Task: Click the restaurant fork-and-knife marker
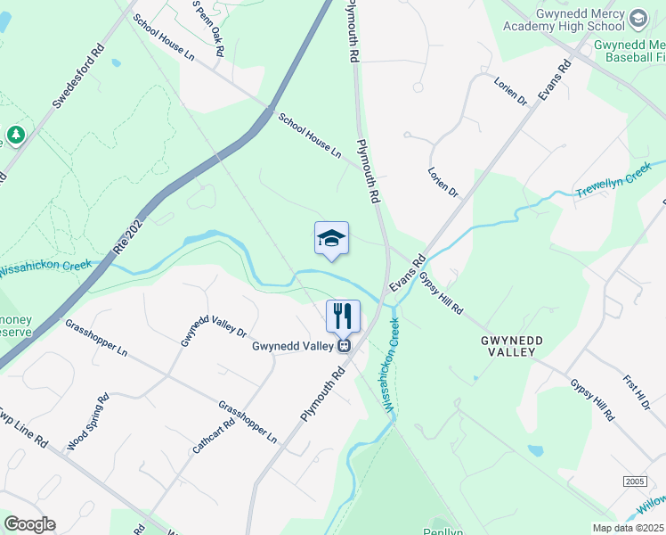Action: coord(343,316)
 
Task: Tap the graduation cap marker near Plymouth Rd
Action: coord(331,238)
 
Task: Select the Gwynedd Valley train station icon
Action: coord(343,345)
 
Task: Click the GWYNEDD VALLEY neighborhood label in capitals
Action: coord(508,346)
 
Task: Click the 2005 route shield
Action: coord(635,481)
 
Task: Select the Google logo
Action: coord(29,524)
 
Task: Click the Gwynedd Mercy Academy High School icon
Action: coord(638,18)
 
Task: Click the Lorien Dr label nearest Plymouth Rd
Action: coord(442,181)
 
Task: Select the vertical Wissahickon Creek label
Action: coord(392,364)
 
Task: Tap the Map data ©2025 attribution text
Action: coord(628,528)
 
